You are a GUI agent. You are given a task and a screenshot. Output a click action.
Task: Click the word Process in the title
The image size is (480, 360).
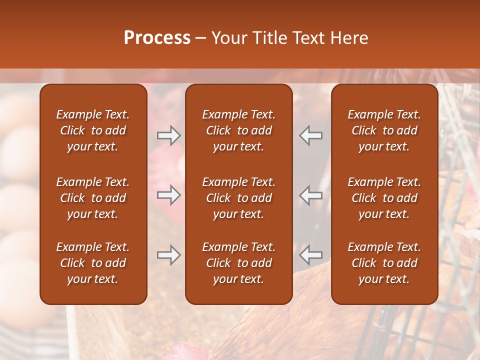157,38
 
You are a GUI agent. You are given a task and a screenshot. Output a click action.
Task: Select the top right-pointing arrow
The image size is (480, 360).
168,135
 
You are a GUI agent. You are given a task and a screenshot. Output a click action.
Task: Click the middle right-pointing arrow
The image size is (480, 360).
168,195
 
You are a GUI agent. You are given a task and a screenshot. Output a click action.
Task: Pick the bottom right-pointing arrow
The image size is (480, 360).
168,255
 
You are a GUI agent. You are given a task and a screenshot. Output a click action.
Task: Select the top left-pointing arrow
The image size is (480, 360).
310,135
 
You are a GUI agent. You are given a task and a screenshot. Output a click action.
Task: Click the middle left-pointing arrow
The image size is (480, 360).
310,195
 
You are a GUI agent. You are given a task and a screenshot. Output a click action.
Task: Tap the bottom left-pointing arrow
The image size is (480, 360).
310,255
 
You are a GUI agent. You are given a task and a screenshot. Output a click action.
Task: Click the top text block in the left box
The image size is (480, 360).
93,130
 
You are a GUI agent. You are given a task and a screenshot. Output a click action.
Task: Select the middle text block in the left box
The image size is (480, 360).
93,198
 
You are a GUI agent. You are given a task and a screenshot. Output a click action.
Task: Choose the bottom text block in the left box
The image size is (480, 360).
93,263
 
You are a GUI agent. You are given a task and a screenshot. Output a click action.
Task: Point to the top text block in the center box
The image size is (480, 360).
239,130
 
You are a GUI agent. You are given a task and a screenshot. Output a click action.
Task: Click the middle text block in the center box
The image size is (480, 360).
239,198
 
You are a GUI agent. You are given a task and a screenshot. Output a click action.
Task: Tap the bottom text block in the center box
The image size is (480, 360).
239,263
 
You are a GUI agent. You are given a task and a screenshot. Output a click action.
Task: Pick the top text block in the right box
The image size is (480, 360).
384,130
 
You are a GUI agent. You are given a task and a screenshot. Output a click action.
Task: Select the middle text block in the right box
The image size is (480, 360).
384,198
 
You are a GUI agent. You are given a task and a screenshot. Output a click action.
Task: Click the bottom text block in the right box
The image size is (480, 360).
384,263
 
